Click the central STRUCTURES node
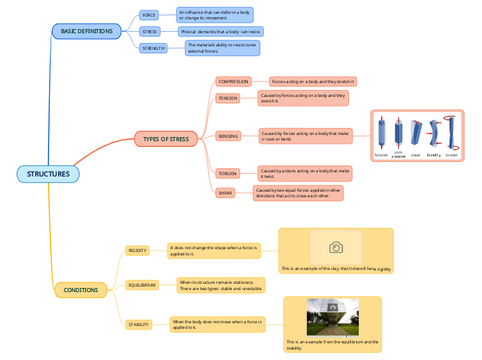click(x=48, y=174)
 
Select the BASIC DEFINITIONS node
click(x=87, y=31)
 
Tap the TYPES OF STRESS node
click(x=166, y=139)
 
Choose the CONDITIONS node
click(x=80, y=289)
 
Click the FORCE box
click(x=149, y=15)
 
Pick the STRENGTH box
click(x=153, y=48)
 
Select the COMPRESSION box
click(x=233, y=82)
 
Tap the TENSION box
click(x=228, y=98)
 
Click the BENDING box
click(x=228, y=136)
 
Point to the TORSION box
click(x=227, y=173)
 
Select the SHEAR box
click(x=225, y=193)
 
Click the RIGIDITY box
click(x=137, y=251)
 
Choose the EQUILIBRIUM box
click(x=142, y=285)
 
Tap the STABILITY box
click(x=139, y=324)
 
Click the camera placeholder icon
click(x=336, y=247)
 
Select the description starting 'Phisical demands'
click(x=220, y=32)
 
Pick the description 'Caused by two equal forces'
click(x=298, y=193)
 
